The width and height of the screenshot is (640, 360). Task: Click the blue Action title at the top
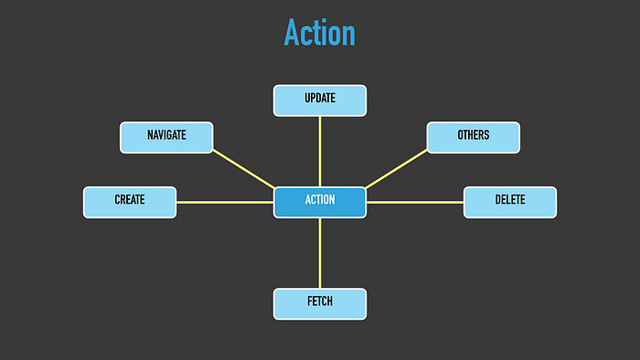click(x=320, y=33)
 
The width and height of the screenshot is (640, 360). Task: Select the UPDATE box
click(x=320, y=101)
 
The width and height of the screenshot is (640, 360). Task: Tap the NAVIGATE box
click(x=166, y=137)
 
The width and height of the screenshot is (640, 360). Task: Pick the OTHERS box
click(x=474, y=137)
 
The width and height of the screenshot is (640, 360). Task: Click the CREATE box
click(x=130, y=202)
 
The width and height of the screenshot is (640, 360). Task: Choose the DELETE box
click(x=510, y=202)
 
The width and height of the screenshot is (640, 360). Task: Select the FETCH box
click(x=320, y=304)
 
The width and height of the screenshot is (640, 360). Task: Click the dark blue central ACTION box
click(x=320, y=202)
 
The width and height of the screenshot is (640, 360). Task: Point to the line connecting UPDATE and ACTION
click(x=320, y=152)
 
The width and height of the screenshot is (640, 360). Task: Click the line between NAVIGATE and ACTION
click(x=244, y=169)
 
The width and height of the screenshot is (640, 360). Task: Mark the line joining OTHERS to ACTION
click(x=396, y=169)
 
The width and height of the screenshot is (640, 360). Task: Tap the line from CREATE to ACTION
click(x=225, y=202)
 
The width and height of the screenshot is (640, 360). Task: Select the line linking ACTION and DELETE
click(x=415, y=202)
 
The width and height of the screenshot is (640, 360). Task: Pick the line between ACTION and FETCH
click(x=320, y=253)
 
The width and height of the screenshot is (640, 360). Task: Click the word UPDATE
click(x=320, y=99)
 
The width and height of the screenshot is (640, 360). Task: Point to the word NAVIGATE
click(x=166, y=135)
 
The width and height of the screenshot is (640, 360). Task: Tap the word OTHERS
click(x=474, y=135)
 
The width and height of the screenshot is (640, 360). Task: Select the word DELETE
click(x=510, y=200)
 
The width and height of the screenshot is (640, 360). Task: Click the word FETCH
click(x=320, y=302)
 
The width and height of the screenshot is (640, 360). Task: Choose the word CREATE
click(x=130, y=200)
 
